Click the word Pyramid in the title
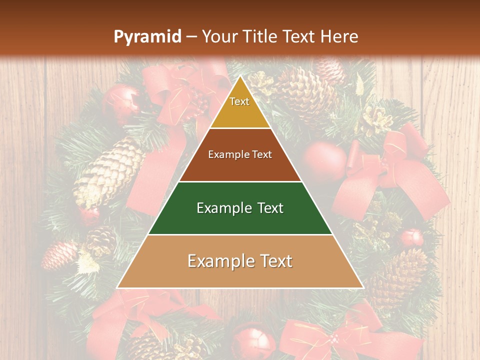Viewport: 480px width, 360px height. click(147, 37)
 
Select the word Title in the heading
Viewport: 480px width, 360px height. click(260, 37)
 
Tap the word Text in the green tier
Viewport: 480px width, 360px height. click(266, 208)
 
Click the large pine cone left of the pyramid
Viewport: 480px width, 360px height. click(107, 172)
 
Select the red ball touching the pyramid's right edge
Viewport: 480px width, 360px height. click(325, 162)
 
